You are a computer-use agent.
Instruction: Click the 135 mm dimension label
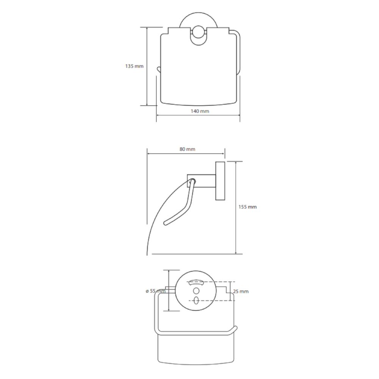pos(135,66)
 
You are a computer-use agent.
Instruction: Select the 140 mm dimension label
pos(200,111)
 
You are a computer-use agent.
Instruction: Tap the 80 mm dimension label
pos(187,149)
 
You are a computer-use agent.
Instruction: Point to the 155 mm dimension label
pos(247,207)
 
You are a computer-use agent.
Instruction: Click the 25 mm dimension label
pos(241,291)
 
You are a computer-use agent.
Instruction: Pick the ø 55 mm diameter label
pos(156,291)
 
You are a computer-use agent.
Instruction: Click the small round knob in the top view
pos(199,32)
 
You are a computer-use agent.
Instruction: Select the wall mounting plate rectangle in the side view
pos(220,181)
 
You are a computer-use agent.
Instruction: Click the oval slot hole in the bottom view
pos(196,301)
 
